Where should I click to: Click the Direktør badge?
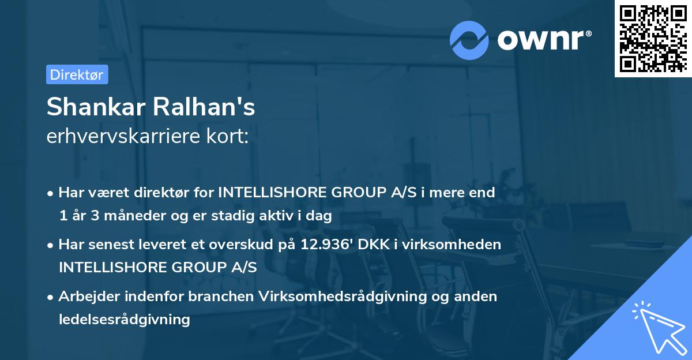pyautogui.click(x=77, y=74)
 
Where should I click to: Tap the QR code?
pyautogui.click(x=653, y=39)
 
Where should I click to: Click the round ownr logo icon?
pyautogui.click(x=469, y=40)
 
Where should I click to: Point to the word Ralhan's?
pyautogui.click(x=204, y=107)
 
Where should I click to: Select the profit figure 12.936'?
pyautogui.click(x=326, y=244)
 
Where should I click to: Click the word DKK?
pyautogui.click(x=372, y=244)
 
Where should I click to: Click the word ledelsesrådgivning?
pyautogui.click(x=124, y=319)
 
